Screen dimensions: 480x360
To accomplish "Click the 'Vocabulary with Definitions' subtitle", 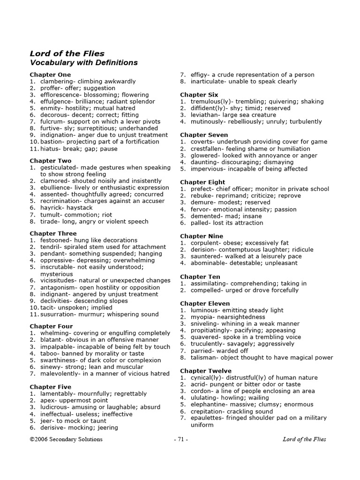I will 83,62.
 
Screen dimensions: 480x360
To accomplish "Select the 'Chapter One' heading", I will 50,75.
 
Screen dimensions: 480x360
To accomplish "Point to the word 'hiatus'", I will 50,149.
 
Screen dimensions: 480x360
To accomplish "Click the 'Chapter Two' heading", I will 51,161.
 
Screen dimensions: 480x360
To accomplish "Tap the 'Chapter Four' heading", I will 51,326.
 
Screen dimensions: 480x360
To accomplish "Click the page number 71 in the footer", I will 180,439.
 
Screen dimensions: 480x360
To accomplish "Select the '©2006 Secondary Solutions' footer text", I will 66,439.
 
